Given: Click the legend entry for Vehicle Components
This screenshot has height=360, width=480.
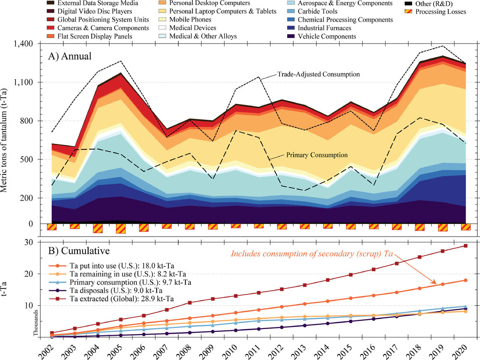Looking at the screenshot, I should click(x=327, y=36).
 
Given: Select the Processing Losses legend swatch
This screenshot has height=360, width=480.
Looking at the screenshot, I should click(x=409, y=12).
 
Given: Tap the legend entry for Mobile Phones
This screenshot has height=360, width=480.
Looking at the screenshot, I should click(x=190, y=19).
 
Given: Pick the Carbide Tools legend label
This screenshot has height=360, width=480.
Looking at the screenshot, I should click(x=317, y=11).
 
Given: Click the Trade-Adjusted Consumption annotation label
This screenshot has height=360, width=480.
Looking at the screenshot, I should click(x=318, y=74).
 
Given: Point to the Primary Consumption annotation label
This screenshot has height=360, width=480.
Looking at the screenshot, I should click(x=317, y=155).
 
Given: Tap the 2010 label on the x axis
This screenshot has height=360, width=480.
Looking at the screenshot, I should click(x=230, y=351).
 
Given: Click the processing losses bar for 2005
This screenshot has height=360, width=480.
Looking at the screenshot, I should click(x=121, y=228).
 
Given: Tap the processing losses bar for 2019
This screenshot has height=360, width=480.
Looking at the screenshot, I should click(x=443, y=227).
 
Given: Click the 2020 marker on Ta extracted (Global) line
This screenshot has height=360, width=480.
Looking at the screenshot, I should click(x=466, y=246).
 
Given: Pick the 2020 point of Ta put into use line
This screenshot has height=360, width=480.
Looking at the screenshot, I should click(x=466, y=280).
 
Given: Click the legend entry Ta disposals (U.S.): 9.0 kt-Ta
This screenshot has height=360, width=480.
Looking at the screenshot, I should click(x=116, y=291).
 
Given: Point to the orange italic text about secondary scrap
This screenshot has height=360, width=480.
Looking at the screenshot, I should click(x=311, y=254).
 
